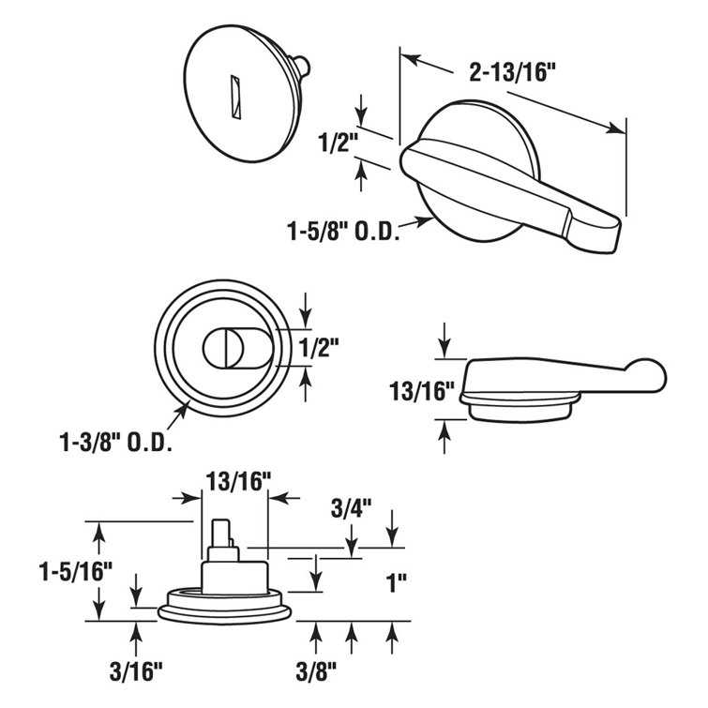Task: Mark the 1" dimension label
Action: pos(398,580)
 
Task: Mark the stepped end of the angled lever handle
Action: pos(600,230)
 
